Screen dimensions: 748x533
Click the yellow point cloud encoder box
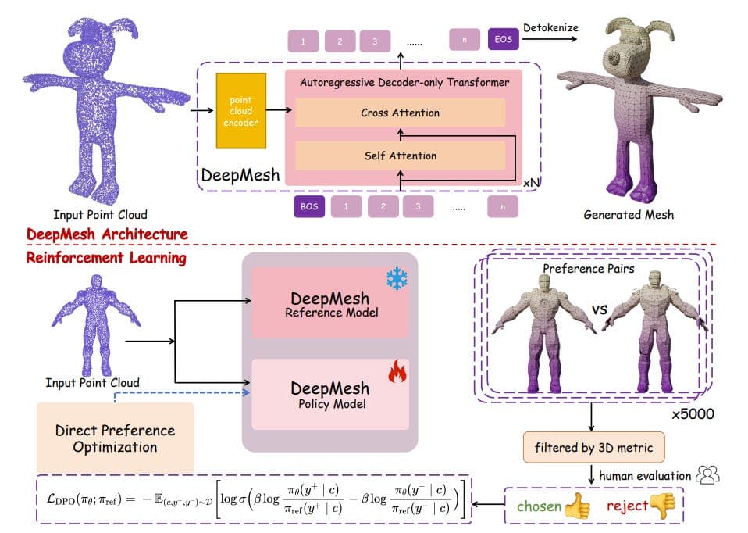click(x=241, y=111)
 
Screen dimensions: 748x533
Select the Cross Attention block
click(x=400, y=113)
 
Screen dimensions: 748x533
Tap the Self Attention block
click(x=400, y=156)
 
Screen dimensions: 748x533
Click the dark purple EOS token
click(x=504, y=40)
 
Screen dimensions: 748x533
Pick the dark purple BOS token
click(x=309, y=207)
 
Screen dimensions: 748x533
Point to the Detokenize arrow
click(x=550, y=39)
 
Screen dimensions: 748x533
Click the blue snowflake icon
click(x=397, y=278)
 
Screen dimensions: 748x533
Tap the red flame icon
click(x=397, y=371)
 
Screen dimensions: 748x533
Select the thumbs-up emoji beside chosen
click(x=577, y=506)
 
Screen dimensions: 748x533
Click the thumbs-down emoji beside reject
click(x=664, y=506)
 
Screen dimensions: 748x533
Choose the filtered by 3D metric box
click(x=593, y=448)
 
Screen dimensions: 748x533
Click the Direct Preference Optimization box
click(x=116, y=438)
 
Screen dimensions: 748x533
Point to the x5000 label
click(x=693, y=414)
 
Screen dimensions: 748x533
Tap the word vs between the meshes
click(x=600, y=310)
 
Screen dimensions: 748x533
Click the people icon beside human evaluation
click(x=708, y=474)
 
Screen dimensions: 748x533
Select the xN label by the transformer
click(x=532, y=183)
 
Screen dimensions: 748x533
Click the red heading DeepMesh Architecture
click(x=107, y=234)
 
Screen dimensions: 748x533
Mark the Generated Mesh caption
click(x=629, y=215)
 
